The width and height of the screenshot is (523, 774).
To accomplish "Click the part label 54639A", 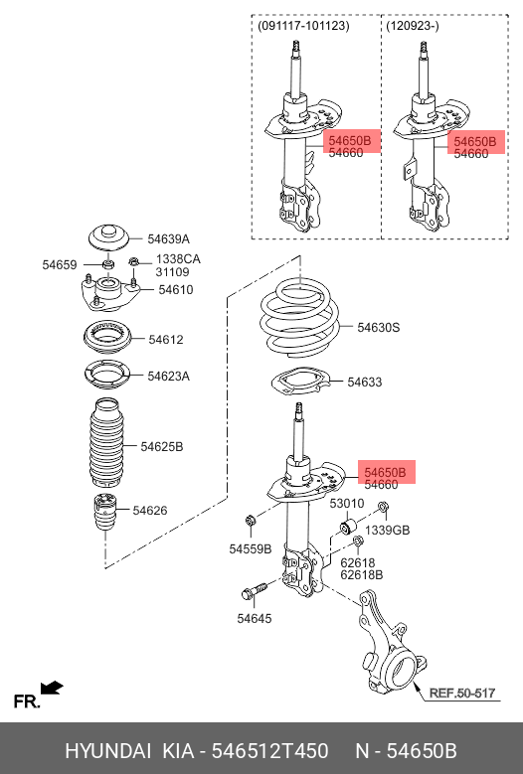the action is (168, 239).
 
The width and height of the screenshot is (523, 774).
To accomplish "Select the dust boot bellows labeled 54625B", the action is (105, 444).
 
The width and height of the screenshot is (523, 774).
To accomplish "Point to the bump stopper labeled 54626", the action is (105, 512).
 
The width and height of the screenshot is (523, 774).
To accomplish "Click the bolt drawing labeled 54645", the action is (254, 590).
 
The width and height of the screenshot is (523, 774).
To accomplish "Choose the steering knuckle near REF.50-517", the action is (389, 643).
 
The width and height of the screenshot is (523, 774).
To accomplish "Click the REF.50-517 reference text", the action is (461, 694).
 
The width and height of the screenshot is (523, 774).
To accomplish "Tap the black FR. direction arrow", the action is (52, 688).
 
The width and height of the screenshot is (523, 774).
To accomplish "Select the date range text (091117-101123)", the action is (303, 26).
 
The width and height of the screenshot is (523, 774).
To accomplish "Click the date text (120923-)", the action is (412, 26).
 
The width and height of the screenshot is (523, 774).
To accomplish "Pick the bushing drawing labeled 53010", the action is (348, 528).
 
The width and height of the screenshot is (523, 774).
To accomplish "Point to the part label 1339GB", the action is (387, 531).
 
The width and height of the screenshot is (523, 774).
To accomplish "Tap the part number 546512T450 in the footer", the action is (269, 751).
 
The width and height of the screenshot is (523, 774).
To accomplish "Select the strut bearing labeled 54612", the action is (106, 338).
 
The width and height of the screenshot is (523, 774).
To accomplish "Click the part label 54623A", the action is (168, 377).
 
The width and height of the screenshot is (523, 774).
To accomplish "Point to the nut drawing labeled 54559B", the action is (251, 521).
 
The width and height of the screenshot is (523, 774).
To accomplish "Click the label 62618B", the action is (362, 574).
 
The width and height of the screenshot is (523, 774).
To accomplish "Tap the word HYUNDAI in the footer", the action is (107, 751).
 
